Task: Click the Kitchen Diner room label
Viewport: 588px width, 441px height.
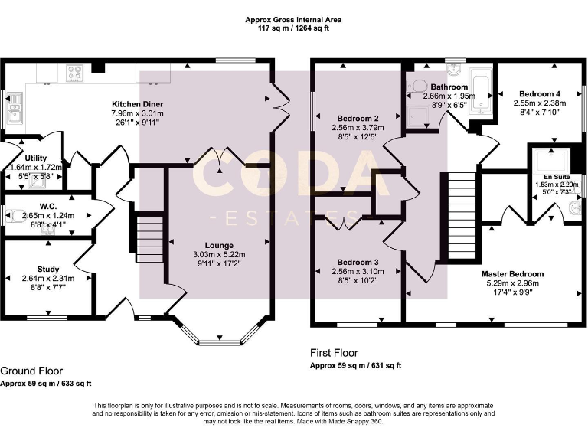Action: click(x=138, y=104)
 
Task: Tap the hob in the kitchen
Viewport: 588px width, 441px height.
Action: click(x=74, y=73)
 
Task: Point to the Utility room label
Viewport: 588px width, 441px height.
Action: click(x=36, y=158)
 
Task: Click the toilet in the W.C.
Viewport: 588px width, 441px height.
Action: click(x=17, y=216)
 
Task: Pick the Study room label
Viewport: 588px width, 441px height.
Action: click(x=48, y=269)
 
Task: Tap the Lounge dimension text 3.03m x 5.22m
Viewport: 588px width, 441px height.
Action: click(x=219, y=255)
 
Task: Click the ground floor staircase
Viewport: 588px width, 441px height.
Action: click(x=149, y=239)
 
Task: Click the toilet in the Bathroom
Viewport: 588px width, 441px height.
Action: click(x=416, y=86)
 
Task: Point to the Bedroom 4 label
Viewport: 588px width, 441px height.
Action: click(x=540, y=93)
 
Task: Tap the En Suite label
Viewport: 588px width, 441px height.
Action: click(x=557, y=177)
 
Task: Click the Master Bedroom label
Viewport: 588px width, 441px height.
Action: click(x=512, y=274)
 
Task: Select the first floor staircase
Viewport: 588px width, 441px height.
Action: click(x=462, y=216)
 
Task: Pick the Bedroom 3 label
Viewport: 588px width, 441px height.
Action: click(x=358, y=263)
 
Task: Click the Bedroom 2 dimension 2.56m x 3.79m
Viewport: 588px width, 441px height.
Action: click(x=358, y=128)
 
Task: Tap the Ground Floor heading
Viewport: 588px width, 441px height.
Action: click(x=31, y=371)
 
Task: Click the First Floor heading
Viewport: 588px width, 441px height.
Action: click(x=334, y=353)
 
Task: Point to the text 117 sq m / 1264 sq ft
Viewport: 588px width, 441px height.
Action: click(x=293, y=28)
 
